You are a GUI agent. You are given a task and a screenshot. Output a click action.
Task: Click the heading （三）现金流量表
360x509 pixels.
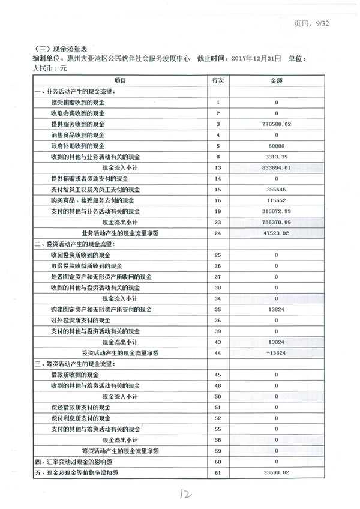click(57, 49)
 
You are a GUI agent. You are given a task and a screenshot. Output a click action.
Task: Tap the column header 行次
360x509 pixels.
click(218, 80)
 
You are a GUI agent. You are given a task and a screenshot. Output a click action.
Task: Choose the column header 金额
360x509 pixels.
click(277, 80)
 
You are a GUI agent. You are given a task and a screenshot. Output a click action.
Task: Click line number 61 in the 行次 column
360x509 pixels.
click(218, 474)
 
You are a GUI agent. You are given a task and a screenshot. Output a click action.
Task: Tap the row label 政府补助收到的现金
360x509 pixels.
click(78, 146)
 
